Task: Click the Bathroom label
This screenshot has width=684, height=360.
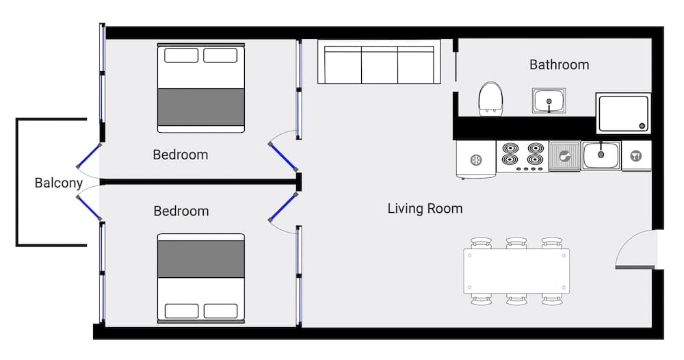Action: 559,65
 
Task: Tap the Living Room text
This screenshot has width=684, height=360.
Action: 425,208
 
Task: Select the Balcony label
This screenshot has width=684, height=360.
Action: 59,183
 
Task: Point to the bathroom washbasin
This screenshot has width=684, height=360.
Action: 549,101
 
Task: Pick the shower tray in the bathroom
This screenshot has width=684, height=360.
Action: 622,113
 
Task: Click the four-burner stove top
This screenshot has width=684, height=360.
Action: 523,156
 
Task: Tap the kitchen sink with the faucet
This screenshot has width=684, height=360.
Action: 601,155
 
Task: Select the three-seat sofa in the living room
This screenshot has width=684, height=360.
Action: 379,65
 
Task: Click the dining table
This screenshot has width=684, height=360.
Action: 516,271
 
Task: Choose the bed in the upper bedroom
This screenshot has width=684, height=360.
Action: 201,88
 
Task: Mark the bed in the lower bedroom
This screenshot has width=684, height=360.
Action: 201,278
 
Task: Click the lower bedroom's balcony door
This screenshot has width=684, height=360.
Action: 88,207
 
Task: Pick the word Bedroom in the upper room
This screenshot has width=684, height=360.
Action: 181,155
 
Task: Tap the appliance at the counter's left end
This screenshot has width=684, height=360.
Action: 476,160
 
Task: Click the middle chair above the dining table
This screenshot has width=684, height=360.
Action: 516,243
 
